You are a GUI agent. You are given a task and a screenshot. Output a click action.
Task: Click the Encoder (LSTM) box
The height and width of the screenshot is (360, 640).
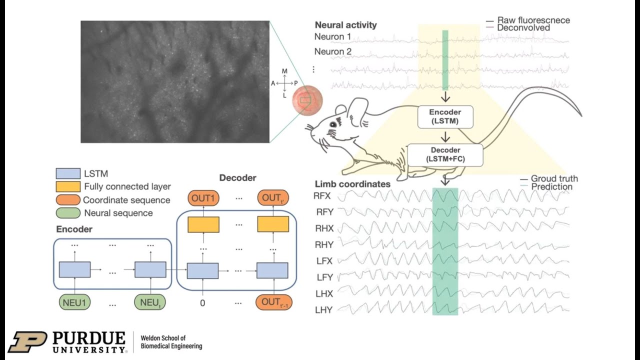pos(445,117)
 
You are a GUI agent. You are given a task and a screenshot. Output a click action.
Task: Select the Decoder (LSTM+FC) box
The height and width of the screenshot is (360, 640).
pos(445,154)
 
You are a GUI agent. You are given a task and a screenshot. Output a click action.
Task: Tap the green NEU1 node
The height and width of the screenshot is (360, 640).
pos(74,303)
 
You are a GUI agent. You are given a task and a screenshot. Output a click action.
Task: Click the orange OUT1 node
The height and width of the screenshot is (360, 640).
pos(203,198)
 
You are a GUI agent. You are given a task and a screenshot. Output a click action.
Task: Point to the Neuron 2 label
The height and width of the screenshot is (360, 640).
pos(333,51)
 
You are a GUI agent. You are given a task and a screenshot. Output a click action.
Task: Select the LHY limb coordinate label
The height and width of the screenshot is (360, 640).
pos(324,310)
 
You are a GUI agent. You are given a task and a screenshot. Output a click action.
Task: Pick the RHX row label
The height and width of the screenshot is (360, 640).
pos(324,228)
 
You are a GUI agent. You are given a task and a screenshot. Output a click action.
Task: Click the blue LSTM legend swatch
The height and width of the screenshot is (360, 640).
pos(67,174)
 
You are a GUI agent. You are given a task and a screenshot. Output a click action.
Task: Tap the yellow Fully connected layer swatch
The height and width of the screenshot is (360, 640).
pos(67,186)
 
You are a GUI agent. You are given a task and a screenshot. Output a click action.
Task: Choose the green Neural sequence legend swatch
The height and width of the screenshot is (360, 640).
pos(67,213)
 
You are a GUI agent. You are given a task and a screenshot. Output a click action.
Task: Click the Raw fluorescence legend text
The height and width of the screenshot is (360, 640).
pos(533,20)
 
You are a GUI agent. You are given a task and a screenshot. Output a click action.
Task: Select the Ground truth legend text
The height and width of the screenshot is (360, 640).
pos(554,178)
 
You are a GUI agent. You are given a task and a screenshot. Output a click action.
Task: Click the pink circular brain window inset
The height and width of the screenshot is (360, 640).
pos(307,100)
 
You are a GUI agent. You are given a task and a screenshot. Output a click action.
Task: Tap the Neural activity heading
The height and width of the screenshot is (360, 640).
pos(345,25)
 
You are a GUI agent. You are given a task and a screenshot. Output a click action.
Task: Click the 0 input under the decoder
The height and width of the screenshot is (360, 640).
pos(202,303)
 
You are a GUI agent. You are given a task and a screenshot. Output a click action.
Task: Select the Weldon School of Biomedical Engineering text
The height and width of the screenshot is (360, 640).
pos(171,342)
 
